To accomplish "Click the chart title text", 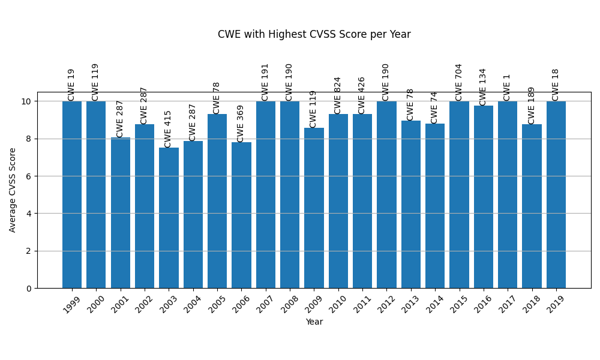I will [314, 35].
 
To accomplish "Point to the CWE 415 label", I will [168, 128].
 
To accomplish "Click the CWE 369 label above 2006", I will [241, 123].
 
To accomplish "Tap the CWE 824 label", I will [338, 95].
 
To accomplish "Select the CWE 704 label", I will [459, 82].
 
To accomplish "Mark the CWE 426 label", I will [362, 95].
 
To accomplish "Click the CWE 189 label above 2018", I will [532, 105].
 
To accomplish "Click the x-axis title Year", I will [314, 322].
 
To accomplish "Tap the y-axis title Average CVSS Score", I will [13, 190].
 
